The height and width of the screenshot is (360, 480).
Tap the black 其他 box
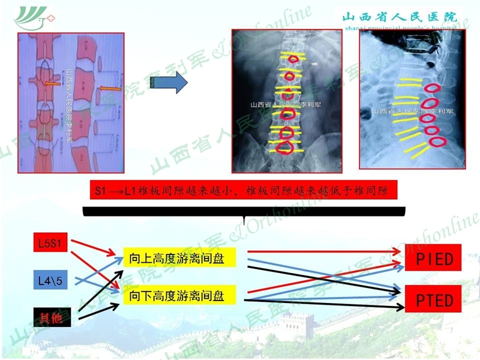(52, 317)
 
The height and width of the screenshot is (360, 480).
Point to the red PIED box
(435, 259)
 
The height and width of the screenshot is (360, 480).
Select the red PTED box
(435, 299)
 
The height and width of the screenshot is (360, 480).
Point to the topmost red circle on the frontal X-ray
(293, 59)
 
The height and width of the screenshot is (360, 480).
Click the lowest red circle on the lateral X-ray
(439, 142)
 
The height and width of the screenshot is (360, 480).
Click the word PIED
(435, 259)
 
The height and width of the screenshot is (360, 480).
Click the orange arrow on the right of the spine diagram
(110, 90)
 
